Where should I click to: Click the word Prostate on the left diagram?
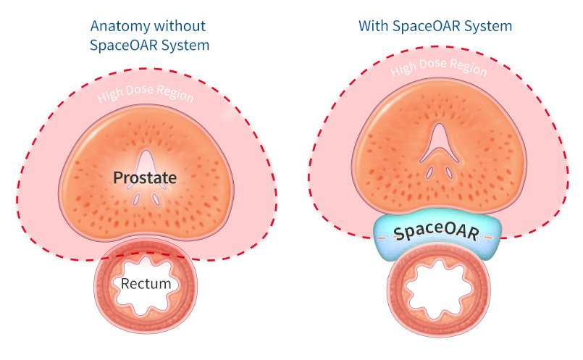click(145, 177)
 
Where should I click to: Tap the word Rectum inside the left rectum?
click(146, 284)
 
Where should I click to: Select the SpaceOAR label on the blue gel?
click(436, 232)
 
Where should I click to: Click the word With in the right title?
click(373, 26)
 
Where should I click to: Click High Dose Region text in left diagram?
click(146, 93)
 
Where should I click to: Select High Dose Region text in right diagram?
click(439, 67)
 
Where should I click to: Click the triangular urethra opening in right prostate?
click(440, 144)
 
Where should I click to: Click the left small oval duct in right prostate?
click(429, 172)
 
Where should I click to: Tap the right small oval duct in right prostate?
click(449, 172)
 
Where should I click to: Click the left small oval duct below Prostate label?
click(136, 199)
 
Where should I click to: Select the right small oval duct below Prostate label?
click(156, 199)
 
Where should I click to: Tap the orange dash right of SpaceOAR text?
click(488, 238)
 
